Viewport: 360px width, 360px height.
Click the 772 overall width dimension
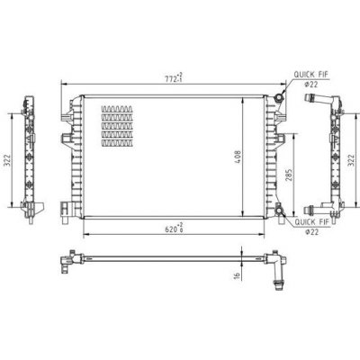coord(174,77)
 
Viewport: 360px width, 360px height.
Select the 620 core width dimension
coord(174,228)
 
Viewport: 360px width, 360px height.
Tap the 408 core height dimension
coord(238,157)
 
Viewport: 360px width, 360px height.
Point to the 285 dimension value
coord(289,175)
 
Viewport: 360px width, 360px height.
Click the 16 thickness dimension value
coord(237,275)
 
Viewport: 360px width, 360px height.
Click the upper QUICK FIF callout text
coord(310,75)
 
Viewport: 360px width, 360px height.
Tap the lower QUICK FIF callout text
coord(311,222)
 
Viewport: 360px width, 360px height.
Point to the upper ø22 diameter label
coord(311,85)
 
